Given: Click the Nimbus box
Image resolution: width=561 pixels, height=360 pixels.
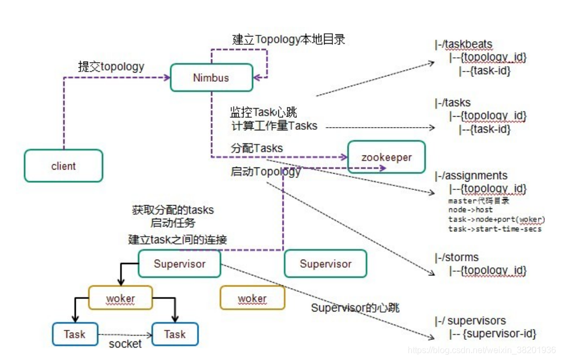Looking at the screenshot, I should coord(211,77).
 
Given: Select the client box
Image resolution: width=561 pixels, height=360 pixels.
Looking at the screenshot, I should coord(63,166).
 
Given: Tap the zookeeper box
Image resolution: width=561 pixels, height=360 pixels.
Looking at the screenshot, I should coord(386,157).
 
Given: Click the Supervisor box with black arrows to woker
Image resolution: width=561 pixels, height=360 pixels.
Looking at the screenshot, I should coord(180,264).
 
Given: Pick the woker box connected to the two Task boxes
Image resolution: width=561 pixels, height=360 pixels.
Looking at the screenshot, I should coord(121,298).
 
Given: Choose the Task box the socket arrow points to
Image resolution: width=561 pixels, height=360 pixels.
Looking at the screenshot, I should coord(175,334).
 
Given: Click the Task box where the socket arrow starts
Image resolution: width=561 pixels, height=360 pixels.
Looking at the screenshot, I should coord(75,334).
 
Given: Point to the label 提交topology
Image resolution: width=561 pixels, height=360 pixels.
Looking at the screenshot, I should coord(111,67).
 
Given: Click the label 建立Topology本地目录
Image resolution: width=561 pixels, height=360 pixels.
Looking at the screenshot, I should coord(289,39).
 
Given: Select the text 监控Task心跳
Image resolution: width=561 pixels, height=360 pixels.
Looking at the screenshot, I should coord(263,113).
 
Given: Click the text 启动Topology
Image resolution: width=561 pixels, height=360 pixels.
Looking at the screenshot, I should coord(266,172).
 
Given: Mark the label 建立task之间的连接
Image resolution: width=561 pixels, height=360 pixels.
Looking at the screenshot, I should coord(178,239).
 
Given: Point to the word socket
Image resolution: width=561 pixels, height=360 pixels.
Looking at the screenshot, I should coord(125,344).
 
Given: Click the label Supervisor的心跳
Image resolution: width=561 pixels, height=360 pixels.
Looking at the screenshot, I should coord(355,308).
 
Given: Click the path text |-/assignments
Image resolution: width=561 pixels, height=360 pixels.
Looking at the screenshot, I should coord(472,176).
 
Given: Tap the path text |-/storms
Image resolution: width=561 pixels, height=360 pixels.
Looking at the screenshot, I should coord(457,257).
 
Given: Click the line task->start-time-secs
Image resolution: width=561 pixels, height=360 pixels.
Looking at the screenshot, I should coord(495,229).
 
